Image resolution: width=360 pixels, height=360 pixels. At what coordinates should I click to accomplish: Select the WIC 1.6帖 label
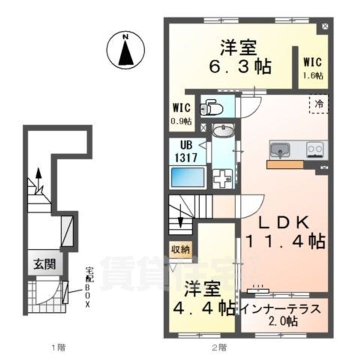click(312, 68)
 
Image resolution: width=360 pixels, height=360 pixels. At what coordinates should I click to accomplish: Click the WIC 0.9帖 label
click(181, 114)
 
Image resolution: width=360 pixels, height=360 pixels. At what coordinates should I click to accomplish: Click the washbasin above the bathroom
click(221, 131)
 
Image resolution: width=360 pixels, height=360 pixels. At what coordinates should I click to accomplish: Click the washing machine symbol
click(221, 177)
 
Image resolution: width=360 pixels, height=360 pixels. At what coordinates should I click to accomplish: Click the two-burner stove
click(315, 149)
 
